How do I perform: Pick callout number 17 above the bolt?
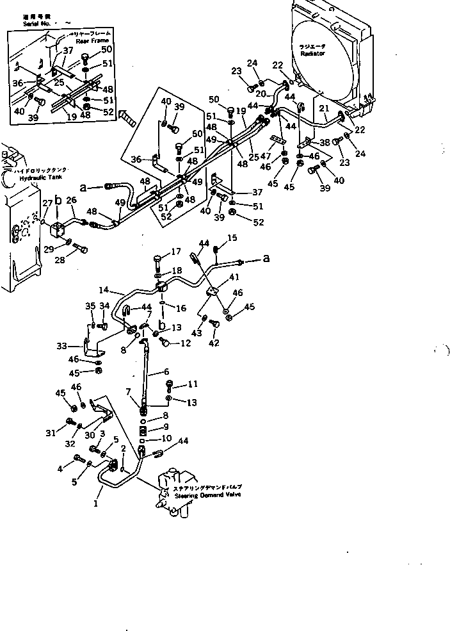point(157,250)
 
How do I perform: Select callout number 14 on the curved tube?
point(103,290)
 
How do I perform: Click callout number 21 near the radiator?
point(325,109)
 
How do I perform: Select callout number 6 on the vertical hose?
point(166,371)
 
